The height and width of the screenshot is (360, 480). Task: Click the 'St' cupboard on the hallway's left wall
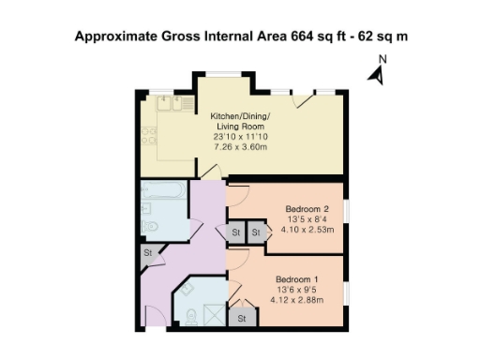pyautogui.click(x=147, y=252)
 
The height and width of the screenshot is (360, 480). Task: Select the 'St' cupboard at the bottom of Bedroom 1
pyautogui.click(x=241, y=319)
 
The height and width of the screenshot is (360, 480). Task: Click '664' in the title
pyautogui.click(x=279, y=37)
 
